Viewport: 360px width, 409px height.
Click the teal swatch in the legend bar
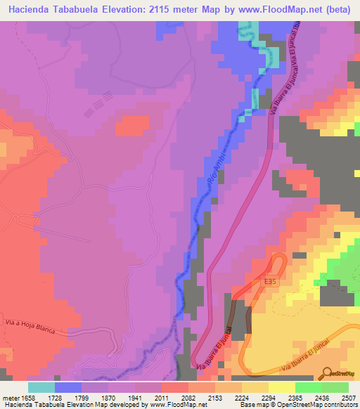pos(41,387)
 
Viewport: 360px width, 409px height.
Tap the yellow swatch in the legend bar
pos(281,387)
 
